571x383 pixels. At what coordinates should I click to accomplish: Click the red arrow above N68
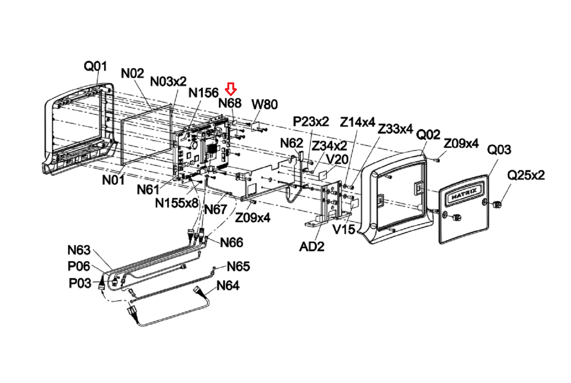[231, 89]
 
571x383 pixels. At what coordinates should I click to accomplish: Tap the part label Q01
[95, 66]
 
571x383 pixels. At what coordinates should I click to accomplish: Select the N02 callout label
[132, 74]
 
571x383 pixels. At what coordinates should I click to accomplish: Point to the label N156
[204, 93]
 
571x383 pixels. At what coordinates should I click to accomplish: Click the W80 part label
[264, 104]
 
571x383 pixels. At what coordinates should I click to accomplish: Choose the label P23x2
[311, 121]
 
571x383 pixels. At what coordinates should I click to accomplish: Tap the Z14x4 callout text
[357, 122]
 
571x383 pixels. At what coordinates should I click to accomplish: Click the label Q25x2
[526, 175]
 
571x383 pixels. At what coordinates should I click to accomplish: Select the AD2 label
[312, 247]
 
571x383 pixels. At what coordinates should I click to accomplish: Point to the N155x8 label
[177, 203]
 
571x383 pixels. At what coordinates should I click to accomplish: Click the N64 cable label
[228, 285]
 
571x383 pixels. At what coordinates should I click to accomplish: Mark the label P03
[80, 283]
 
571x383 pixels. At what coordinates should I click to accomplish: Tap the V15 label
[344, 229]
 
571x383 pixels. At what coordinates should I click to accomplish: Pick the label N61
[148, 190]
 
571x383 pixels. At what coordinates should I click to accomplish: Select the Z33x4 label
[395, 129]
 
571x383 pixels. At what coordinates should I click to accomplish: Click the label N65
[238, 267]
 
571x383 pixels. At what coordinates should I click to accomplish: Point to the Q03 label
[499, 149]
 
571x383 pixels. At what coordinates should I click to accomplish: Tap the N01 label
[113, 180]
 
